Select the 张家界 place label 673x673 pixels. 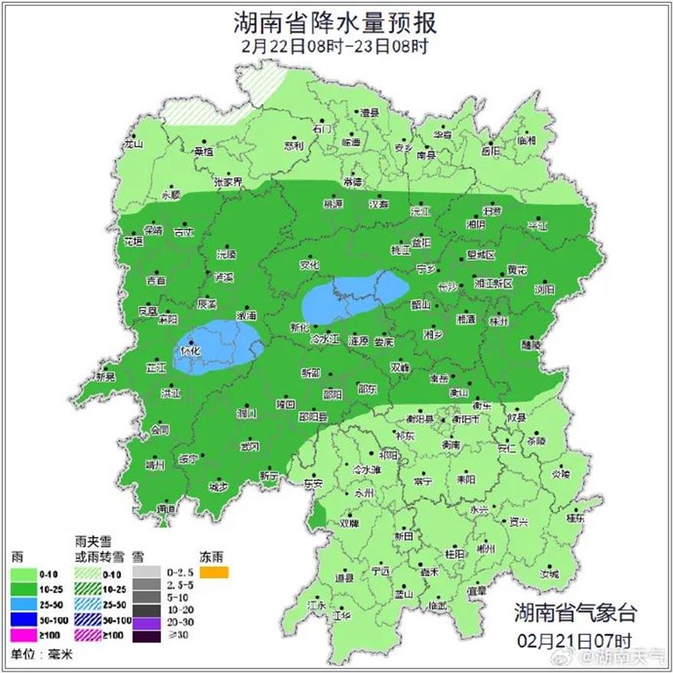click(227, 182)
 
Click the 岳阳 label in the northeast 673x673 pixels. click(491, 151)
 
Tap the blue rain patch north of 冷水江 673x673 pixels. click(353, 297)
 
